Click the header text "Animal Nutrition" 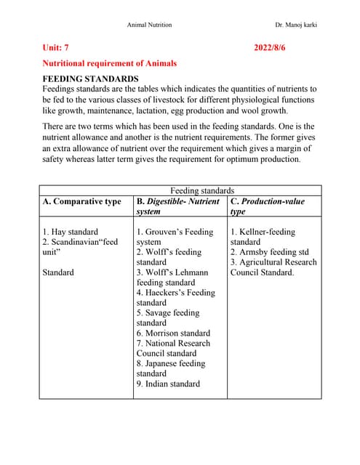coord(149,25)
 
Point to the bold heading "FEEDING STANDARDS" coord(90,78)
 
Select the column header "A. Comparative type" coord(81,201)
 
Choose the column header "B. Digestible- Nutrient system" coord(177,206)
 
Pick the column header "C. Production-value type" coord(267,206)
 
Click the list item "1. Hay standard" coord(70,232)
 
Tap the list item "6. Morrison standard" coord(173,333)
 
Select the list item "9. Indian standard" coord(168,384)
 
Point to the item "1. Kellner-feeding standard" coord(263,237)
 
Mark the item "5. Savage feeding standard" coord(168,318)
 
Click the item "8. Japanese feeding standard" coord(171,368)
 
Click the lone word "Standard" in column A coord(58,272)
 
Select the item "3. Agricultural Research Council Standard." coord(273,267)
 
